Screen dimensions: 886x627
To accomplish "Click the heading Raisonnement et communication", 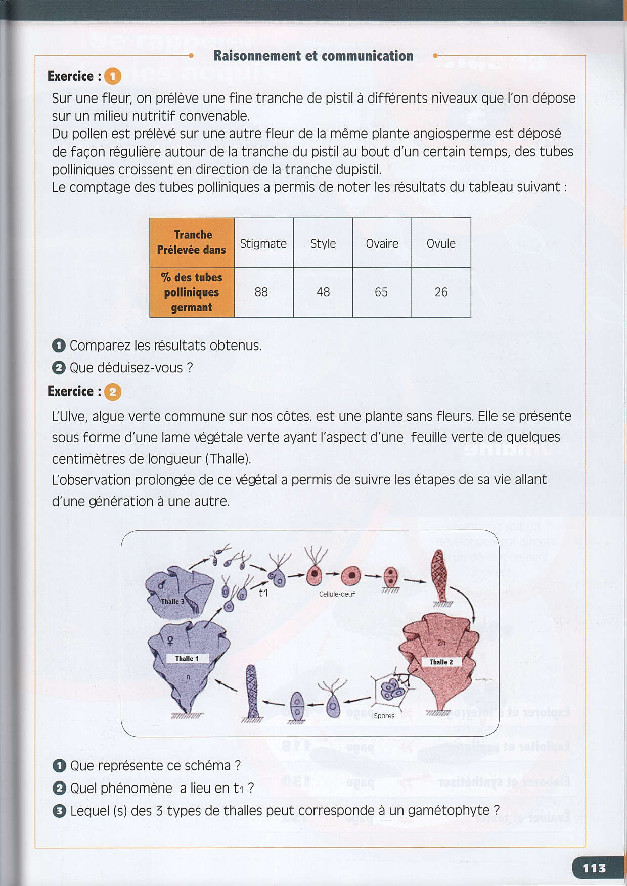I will (313, 56).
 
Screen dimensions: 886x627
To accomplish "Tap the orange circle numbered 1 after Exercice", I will (113, 76).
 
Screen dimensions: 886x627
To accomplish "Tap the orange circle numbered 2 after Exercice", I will (113, 392).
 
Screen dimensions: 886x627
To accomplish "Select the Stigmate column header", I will (263, 243).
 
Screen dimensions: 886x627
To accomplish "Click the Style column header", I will (323, 243).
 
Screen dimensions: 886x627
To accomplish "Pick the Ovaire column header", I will (382, 243).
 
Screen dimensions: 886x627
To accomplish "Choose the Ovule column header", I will (441, 243).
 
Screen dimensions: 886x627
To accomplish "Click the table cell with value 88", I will (261, 292).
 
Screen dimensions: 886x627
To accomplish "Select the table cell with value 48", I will (323, 292).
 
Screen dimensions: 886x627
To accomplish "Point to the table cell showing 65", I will (381, 292).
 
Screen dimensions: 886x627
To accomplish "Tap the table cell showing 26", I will (441, 292).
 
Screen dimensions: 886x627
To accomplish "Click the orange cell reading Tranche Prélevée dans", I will (192, 242).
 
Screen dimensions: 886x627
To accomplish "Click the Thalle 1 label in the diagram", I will (187, 658).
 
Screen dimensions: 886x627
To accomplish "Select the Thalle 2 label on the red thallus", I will (441, 662).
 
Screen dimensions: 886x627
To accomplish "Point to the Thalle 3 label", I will (172, 601).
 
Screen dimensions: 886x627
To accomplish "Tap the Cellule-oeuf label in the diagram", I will (337, 594).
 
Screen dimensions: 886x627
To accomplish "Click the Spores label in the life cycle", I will (384, 716).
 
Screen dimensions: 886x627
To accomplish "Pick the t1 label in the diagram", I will (263, 593).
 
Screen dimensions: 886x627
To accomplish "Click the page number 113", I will (594, 868).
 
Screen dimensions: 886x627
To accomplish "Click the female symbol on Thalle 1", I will (170, 641).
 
